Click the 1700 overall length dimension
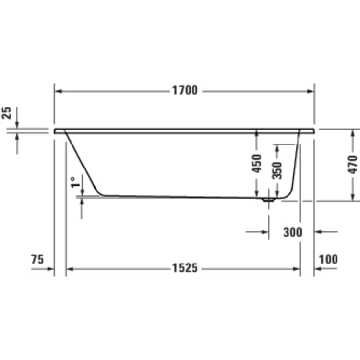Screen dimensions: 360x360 pyautogui.click(x=184, y=91)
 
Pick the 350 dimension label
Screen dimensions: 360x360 pyautogui.click(x=277, y=170)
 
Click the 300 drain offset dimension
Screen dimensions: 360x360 pyautogui.click(x=292, y=232)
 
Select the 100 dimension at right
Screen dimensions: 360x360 pyautogui.click(x=328, y=259)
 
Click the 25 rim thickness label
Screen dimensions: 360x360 pyautogui.click(x=7, y=114)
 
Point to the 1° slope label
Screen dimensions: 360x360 pyautogui.click(x=74, y=183)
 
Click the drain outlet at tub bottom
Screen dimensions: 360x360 pyautogui.click(x=268, y=199)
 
